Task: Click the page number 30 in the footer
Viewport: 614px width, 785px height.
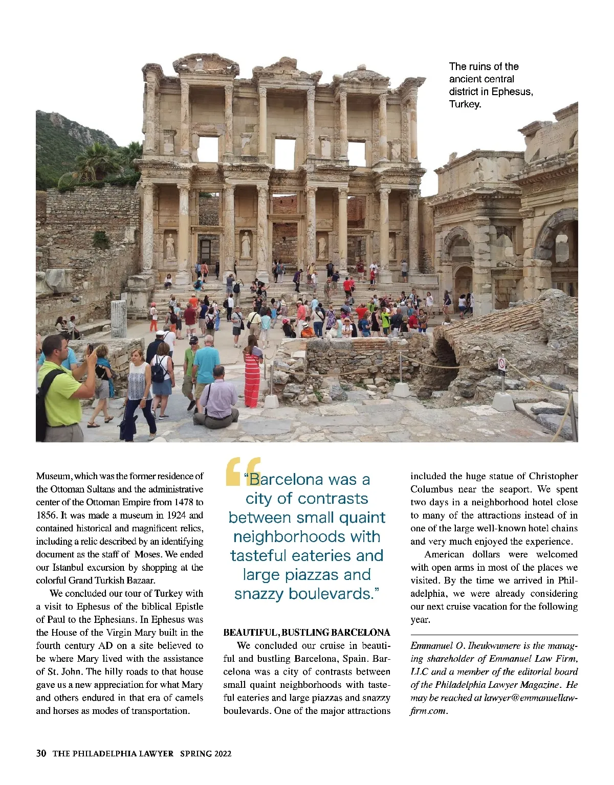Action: [41, 753]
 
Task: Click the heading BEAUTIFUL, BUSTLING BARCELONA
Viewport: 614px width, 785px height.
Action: [306, 633]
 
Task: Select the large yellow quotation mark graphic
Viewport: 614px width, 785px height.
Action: [243, 471]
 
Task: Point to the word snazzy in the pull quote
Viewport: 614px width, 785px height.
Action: [259, 594]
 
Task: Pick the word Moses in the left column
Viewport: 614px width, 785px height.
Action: [147, 554]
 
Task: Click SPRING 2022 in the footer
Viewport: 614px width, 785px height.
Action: [206, 753]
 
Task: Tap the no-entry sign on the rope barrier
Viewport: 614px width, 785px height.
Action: [502, 364]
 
